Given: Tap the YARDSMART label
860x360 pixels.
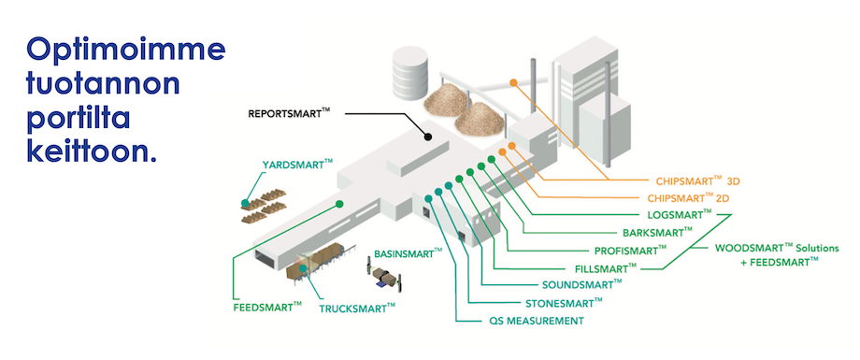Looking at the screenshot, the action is point(297,164).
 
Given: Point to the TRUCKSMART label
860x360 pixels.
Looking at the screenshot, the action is point(357,308).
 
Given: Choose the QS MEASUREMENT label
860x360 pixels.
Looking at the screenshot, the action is point(537,321).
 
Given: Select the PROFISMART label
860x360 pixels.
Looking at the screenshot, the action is point(630,251).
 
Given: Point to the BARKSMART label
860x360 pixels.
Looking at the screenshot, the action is point(657,232).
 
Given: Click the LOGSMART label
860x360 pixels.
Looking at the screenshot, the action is point(680,214).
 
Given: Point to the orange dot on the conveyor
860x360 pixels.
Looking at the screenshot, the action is point(513,83).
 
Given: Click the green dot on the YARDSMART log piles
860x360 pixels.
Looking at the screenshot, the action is point(245,204).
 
